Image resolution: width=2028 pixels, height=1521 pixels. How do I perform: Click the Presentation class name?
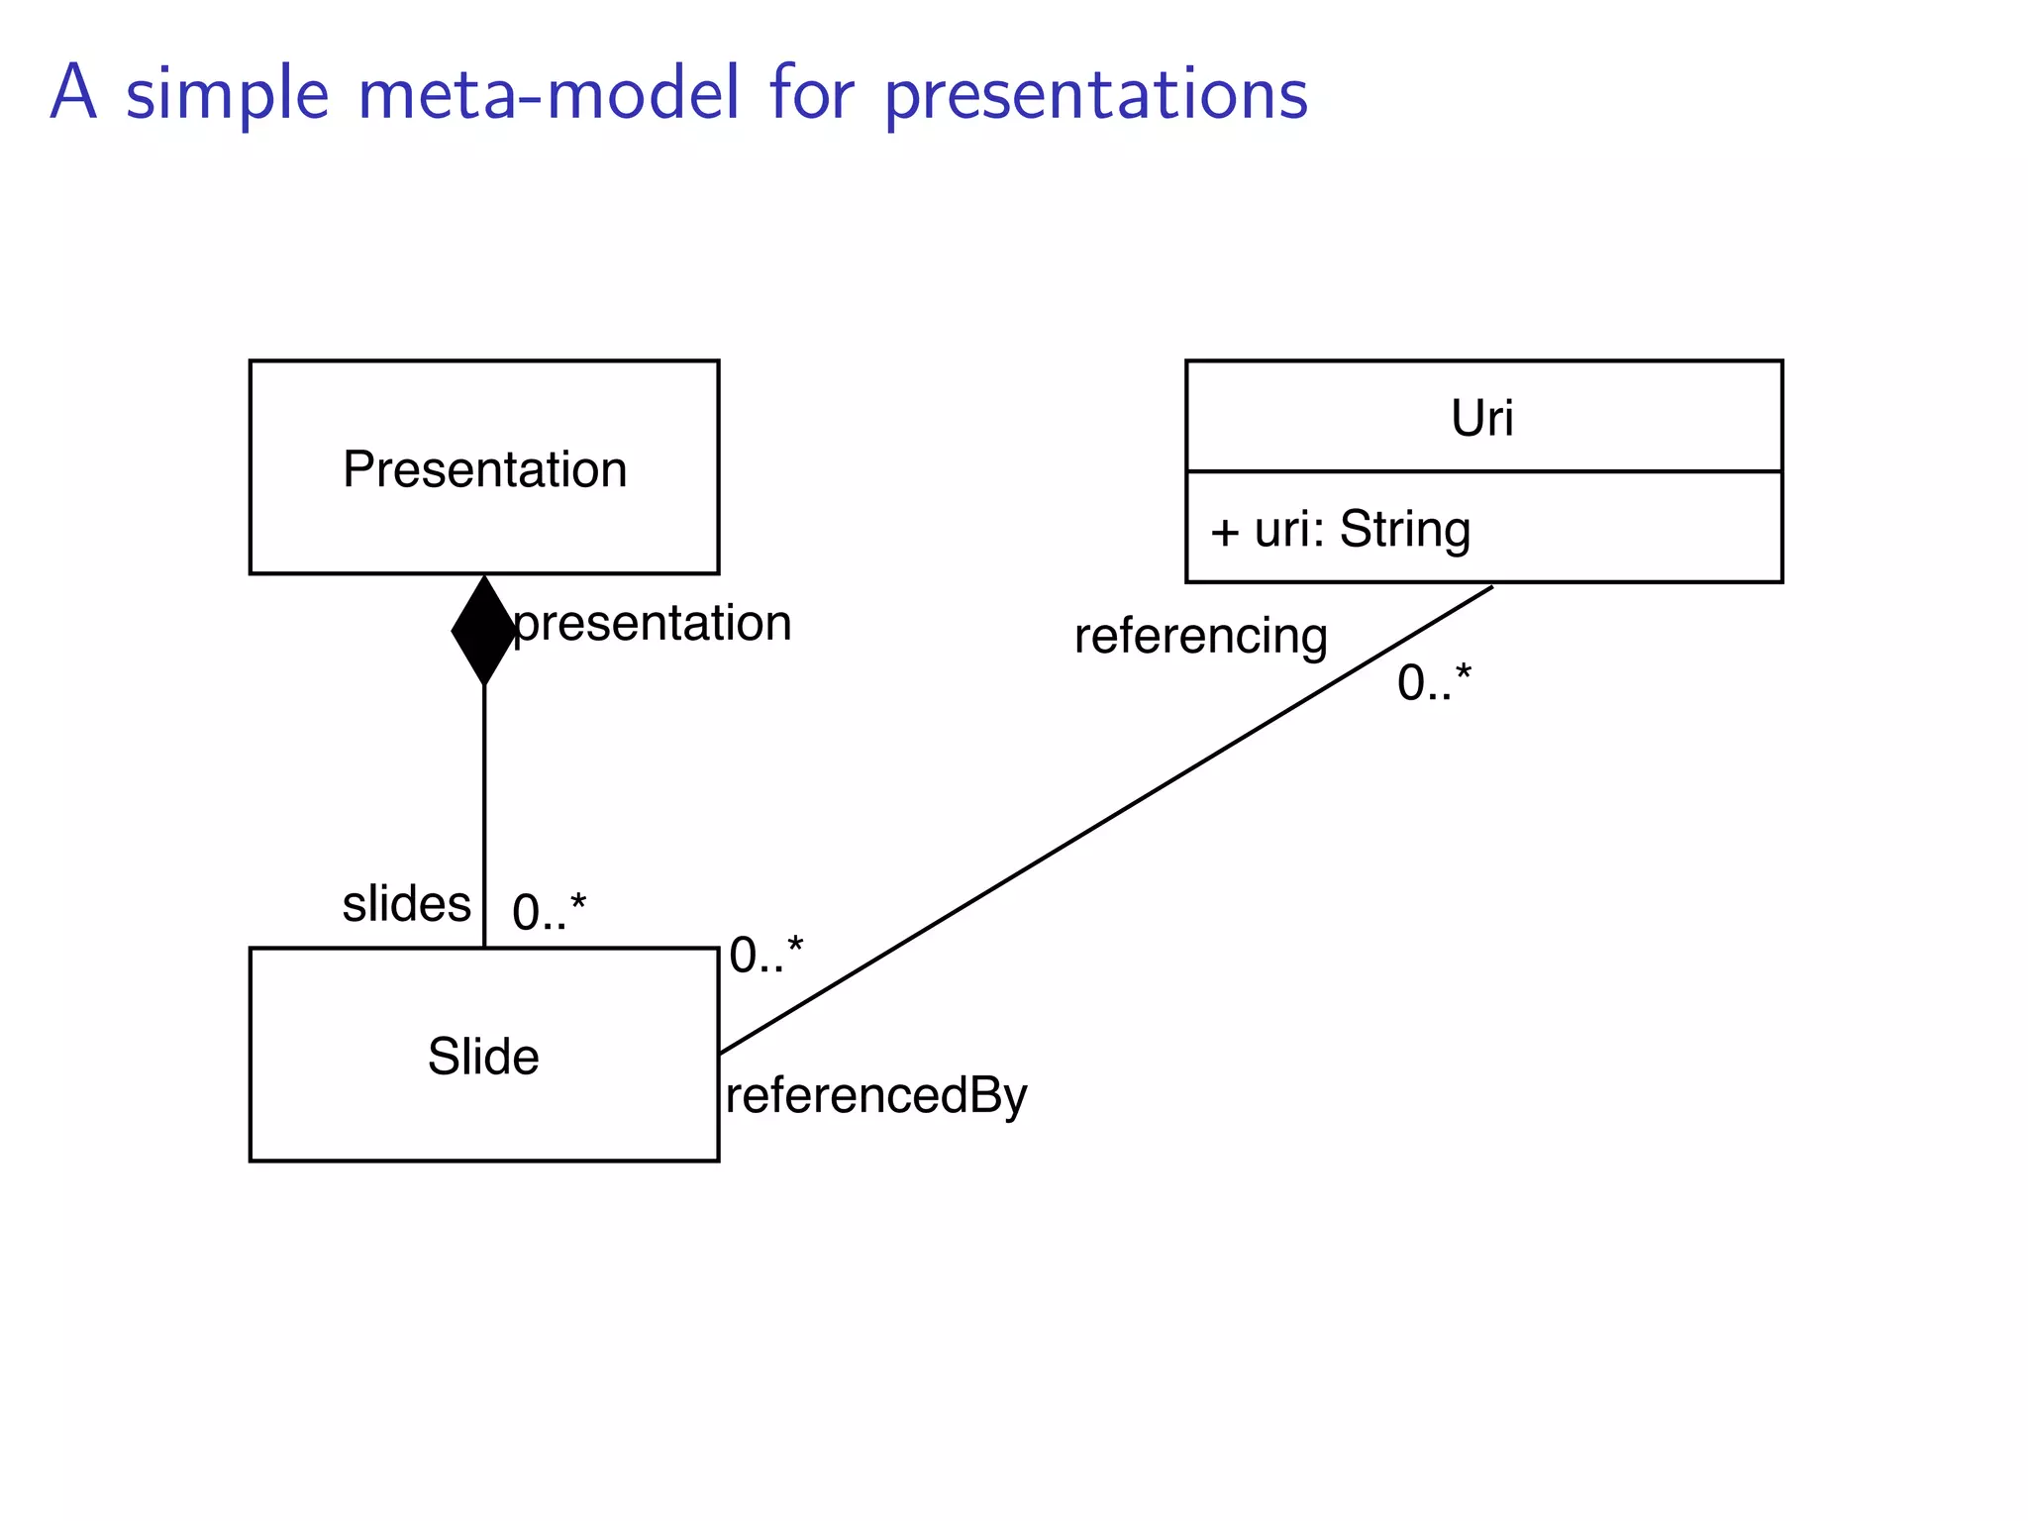pyautogui.click(x=484, y=469)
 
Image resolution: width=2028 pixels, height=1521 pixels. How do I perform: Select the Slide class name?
pyautogui.click(x=483, y=1057)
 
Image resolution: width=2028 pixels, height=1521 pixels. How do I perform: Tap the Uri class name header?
pyautogui.click(x=1482, y=418)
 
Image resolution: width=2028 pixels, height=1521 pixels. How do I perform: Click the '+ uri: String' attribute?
pyautogui.click(x=1340, y=530)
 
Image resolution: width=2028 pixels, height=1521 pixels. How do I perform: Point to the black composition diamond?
pyautogui.click(x=483, y=630)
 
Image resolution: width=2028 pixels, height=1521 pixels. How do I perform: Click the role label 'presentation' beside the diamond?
pyautogui.click(x=653, y=624)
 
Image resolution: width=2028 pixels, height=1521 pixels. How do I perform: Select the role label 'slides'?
pyautogui.click(x=406, y=904)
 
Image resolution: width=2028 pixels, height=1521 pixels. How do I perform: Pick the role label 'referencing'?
pyautogui.click(x=1200, y=636)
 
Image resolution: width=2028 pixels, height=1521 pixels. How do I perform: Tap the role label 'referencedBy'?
pyautogui.click(x=876, y=1096)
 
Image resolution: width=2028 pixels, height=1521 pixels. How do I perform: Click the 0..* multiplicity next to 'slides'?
pyautogui.click(x=549, y=912)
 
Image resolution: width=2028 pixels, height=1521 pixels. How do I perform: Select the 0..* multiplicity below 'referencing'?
pyautogui.click(x=1434, y=683)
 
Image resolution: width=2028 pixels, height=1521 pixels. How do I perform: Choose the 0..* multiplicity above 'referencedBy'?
pyautogui.click(x=765, y=956)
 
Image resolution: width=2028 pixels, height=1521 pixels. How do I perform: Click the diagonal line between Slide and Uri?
pyautogui.click(x=1104, y=820)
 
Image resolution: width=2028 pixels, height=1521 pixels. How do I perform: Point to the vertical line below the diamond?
pyautogui.click(x=483, y=812)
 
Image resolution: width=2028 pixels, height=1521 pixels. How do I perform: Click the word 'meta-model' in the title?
pyautogui.click(x=549, y=94)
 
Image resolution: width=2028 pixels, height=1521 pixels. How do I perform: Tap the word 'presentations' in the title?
pyautogui.click(x=1096, y=96)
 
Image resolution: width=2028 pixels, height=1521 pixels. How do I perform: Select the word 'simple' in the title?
pyautogui.click(x=227, y=96)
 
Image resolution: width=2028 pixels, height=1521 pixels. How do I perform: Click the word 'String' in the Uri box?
pyautogui.click(x=1404, y=530)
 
